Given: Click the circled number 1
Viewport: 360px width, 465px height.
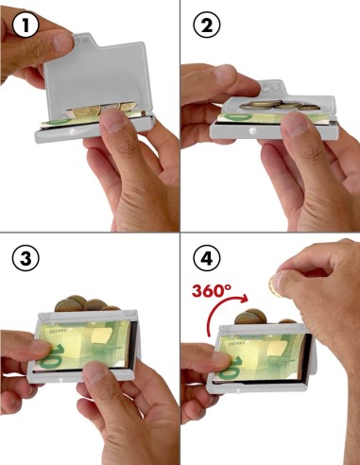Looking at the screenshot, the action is coord(26,26).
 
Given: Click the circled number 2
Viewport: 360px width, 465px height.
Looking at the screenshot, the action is coord(207,26).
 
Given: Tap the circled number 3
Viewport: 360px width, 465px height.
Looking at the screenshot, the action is coord(26,259).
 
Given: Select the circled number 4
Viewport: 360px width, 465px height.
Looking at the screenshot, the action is coord(207,259).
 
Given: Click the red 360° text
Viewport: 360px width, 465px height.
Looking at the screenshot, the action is coord(212,290).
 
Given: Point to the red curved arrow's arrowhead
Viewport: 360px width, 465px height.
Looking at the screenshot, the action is coord(243,298).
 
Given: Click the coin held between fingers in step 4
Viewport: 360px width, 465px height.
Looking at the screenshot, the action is coord(273,285).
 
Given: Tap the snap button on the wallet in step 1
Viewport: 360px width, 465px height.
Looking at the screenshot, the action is coord(72,132).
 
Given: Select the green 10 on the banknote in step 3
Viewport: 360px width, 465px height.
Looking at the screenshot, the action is coord(52,355).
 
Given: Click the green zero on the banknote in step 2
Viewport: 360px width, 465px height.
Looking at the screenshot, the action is coord(240,117).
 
